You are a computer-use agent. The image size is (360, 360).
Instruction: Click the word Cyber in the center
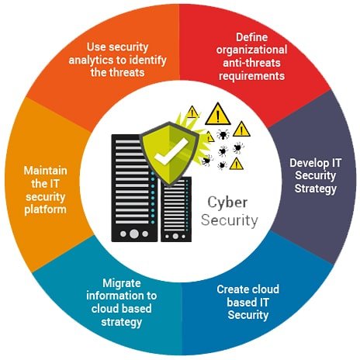point(227,203)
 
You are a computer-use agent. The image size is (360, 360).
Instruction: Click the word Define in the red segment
point(251,37)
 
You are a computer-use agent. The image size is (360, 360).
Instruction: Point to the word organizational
point(251,50)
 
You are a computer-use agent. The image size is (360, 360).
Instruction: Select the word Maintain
point(46,171)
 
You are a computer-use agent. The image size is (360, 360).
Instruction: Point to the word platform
point(46,209)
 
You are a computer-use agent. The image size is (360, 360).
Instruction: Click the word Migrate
point(122,283)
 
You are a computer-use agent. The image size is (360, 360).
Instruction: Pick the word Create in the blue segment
point(230,289)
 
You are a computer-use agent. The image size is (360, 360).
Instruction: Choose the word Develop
point(306,164)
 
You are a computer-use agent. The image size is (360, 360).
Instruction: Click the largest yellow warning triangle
point(218,114)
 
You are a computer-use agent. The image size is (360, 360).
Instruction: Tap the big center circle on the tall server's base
point(134,234)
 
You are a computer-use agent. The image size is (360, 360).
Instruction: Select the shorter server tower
point(176,209)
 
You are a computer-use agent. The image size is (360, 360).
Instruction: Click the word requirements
point(251,76)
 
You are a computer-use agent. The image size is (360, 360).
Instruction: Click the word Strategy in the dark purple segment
point(316,189)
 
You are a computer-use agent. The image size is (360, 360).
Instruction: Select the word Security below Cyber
point(230,221)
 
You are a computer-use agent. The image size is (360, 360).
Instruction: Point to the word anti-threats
point(251,63)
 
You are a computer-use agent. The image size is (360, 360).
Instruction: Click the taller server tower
point(133,189)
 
